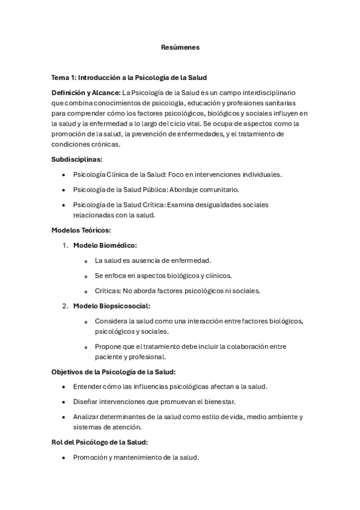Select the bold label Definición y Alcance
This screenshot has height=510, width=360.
point(85,93)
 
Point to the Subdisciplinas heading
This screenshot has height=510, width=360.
point(77,159)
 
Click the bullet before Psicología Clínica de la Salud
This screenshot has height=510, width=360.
point(64,174)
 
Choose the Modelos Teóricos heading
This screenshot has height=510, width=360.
point(81,230)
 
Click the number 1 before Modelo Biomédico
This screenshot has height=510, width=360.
point(64,245)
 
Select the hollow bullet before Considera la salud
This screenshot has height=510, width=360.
point(87,321)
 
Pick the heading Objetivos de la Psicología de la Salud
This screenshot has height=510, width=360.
point(114,372)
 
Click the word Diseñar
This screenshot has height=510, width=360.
point(86,401)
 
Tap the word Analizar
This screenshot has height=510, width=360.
point(88,416)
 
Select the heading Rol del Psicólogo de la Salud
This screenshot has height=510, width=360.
point(100,442)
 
